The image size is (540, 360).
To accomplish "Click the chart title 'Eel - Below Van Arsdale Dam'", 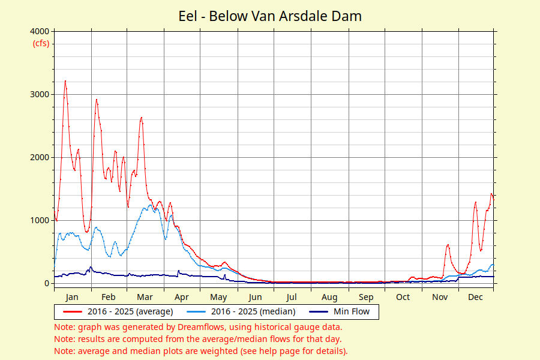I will (270, 16).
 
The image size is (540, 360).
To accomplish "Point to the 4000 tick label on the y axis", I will (40, 31).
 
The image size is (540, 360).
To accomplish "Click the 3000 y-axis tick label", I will (40, 94).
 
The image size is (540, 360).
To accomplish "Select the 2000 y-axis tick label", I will (40, 157).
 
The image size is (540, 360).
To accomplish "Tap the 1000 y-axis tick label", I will (40, 220).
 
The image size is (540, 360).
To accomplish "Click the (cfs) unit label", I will (41, 43).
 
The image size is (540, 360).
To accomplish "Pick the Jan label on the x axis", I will (71, 297).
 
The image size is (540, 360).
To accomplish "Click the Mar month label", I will (144, 297).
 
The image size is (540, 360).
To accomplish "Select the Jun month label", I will (255, 297).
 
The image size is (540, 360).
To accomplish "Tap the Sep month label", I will (366, 297).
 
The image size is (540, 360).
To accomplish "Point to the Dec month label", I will (475, 297).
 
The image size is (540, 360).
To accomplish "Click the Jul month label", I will (292, 297).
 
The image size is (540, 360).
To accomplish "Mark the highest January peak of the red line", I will (65, 81).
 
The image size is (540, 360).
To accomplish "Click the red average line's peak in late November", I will (448, 245).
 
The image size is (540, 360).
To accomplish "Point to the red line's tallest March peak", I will (141, 118).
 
